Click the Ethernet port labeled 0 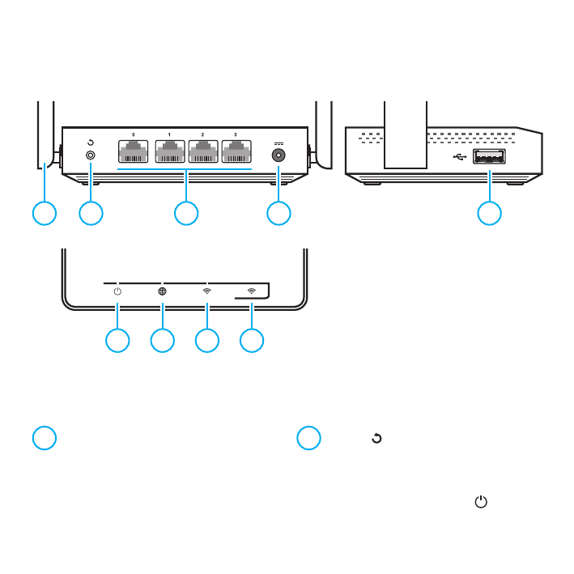(134, 153)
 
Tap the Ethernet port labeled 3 (236, 153)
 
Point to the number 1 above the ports (168, 134)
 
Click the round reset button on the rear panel (90, 154)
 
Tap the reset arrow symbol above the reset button (90, 141)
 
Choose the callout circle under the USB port (488, 213)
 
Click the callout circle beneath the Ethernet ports (187, 213)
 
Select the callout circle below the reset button (91, 213)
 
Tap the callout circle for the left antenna (45, 213)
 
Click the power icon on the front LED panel (117, 291)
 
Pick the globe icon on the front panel (162, 291)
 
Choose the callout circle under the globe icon (162, 340)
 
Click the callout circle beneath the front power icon (117, 340)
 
